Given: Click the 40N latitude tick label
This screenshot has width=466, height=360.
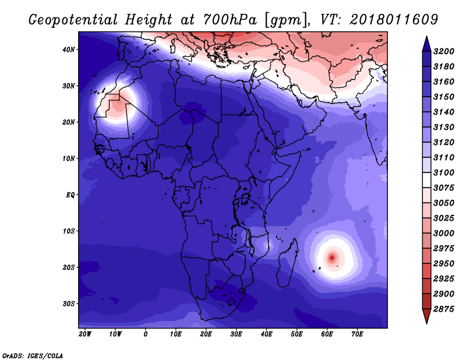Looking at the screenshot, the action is (x=69, y=50).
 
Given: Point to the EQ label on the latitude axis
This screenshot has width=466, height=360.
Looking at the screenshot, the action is (x=70, y=195).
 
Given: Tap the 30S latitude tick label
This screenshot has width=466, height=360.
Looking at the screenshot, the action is (x=69, y=304).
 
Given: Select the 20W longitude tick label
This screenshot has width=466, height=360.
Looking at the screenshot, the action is (x=85, y=334).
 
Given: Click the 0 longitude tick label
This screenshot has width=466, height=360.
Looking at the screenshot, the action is (x=145, y=334).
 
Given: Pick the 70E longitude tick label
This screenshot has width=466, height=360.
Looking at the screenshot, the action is (x=357, y=334).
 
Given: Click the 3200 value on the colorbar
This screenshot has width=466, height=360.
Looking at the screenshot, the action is (x=444, y=51).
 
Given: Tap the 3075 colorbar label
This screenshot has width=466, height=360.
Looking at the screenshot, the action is (x=444, y=188).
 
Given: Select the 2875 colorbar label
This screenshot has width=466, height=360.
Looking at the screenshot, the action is (x=444, y=309).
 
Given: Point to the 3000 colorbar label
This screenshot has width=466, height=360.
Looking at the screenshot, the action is (x=444, y=234).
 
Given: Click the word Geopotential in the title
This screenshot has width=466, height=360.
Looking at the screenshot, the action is (x=73, y=20).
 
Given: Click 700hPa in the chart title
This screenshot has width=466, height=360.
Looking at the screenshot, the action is (x=230, y=20).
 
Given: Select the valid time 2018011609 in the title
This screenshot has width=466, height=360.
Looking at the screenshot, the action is (x=394, y=20).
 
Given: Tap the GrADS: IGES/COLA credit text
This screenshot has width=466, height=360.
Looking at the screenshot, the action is (x=33, y=356).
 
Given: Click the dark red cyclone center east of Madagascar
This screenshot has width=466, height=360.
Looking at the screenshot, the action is (x=332, y=257).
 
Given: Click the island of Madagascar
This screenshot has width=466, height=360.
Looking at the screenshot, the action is (x=287, y=263).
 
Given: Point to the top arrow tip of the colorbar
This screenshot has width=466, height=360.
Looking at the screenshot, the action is (x=426, y=37).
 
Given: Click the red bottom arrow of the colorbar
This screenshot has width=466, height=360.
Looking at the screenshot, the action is (x=426, y=315).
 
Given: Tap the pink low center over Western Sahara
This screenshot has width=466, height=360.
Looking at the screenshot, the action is (x=118, y=105).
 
